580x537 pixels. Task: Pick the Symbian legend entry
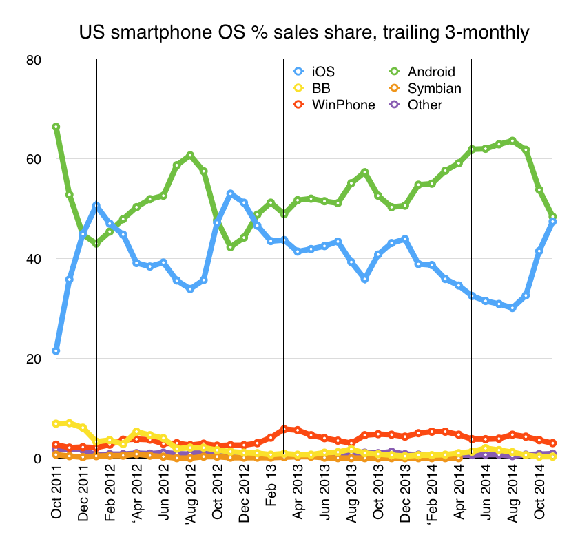pos(433,88)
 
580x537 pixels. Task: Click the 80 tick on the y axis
pos(34,60)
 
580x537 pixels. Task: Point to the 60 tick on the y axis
pos(34,159)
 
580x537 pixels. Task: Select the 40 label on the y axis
pos(34,259)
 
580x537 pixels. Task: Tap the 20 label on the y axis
pos(34,359)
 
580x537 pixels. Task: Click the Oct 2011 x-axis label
pos(56,496)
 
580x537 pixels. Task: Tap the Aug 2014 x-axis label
pos(512,496)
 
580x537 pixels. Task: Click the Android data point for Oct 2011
pos(56,127)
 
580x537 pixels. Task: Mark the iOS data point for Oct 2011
pos(56,351)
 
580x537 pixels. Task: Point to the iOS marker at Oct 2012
pos(217,222)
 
